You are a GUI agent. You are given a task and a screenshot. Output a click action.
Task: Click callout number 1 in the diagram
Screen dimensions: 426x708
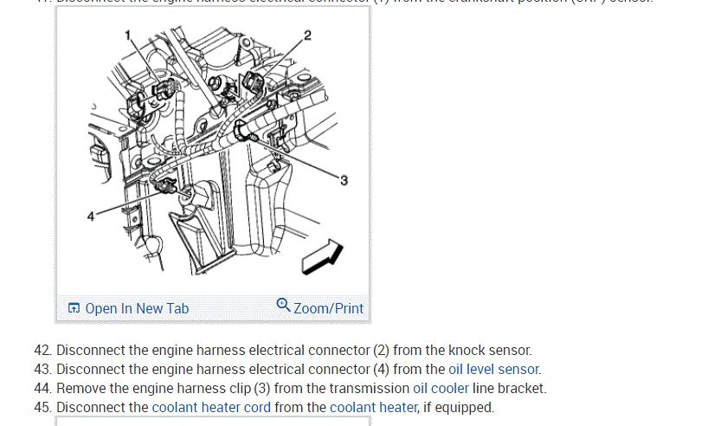tap(127, 35)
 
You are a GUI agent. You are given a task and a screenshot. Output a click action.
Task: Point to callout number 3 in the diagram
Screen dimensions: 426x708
tap(344, 180)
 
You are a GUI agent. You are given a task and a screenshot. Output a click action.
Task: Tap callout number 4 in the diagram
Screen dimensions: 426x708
tap(91, 216)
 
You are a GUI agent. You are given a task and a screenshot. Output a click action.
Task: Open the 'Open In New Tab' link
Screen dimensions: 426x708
tap(137, 308)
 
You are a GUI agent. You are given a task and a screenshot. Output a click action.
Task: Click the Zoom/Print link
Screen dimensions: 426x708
tap(328, 308)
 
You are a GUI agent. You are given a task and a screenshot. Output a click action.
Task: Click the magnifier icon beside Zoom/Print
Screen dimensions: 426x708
tap(283, 306)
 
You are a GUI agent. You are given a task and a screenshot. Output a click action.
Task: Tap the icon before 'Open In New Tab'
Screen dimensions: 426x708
tap(74, 308)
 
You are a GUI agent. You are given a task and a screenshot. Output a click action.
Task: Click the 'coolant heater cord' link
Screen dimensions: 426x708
tap(211, 407)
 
